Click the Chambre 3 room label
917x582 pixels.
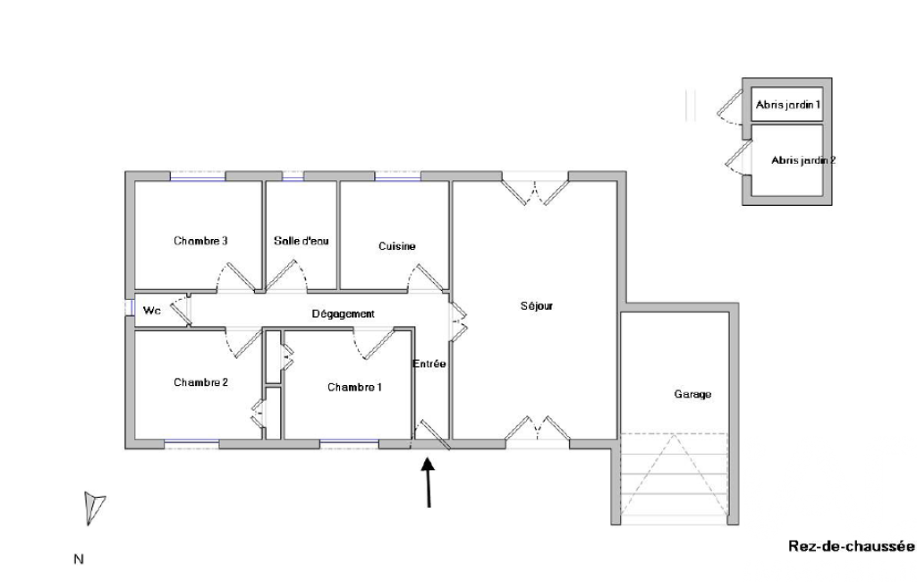point(200,241)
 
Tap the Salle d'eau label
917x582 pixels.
point(301,241)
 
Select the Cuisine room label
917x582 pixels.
point(397,246)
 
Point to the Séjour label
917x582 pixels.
point(536,305)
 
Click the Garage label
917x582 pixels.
point(692,394)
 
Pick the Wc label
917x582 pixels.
point(151,311)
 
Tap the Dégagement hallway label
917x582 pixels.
point(343,314)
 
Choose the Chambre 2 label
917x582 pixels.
point(200,382)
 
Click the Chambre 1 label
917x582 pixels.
point(354,387)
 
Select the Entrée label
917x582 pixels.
point(429,364)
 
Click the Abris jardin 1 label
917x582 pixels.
point(788,105)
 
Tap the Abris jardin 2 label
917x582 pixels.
point(803,160)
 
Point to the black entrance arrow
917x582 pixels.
point(429,482)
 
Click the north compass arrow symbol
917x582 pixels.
point(94,507)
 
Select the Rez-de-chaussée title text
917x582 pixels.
point(851,546)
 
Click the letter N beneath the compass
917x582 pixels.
point(79,559)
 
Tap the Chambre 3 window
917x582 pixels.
point(198,176)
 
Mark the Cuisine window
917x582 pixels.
point(398,176)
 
